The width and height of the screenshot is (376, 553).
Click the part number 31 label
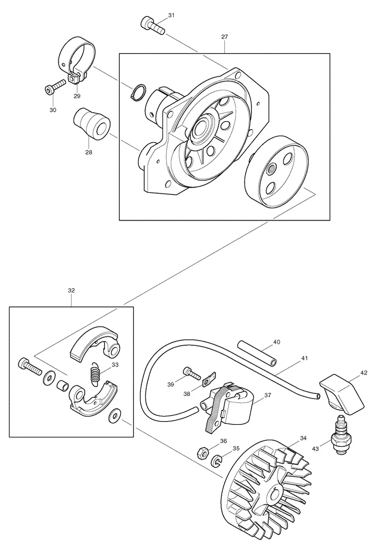[x=171, y=15]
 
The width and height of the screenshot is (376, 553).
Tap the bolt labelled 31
[x=153, y=26]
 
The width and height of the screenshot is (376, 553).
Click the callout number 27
[x=225, y=37]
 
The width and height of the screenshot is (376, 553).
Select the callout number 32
[x=71, y=291]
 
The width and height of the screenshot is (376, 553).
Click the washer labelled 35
[x=216, y=460]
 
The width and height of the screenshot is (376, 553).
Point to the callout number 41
[x=305, y=358]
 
